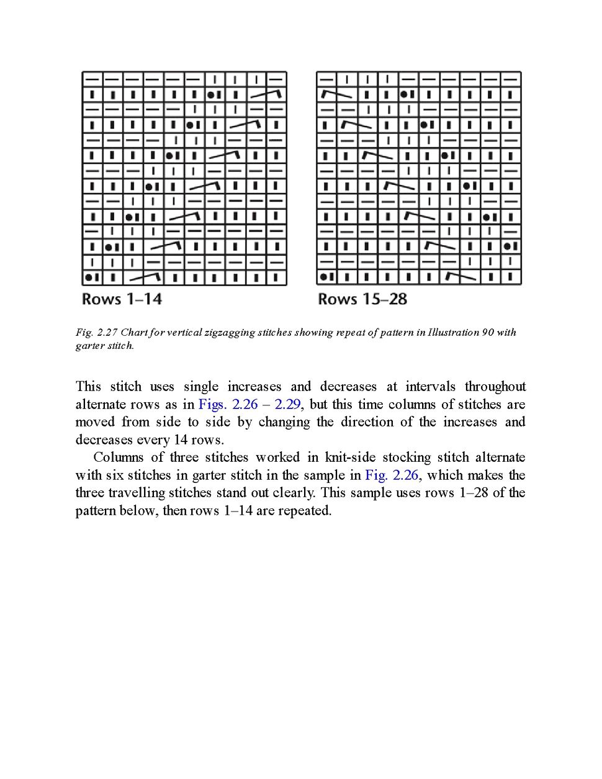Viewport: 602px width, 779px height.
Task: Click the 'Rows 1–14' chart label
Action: tap(122, 299)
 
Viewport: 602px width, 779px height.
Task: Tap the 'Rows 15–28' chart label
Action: tap(362, 299)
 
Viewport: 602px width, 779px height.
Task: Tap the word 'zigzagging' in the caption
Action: tap(229, 332)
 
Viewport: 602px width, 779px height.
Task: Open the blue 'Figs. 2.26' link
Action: tap(228, 405)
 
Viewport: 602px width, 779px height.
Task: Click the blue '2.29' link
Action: tap(287, 405)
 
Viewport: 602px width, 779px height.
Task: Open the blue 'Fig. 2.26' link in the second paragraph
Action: tap(392, 475)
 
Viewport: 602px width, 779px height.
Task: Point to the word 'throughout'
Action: tap(495, 387)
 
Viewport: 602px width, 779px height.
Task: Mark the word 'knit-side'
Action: tap(350, 457)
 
